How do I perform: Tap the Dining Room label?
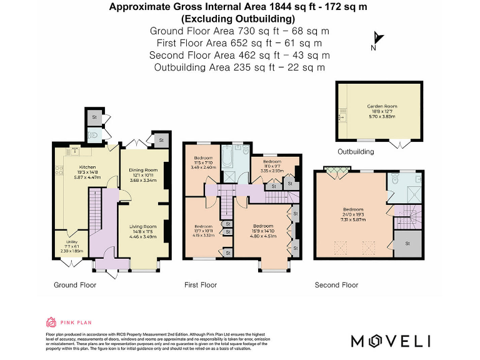point(143,170)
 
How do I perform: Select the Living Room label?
point(143,226)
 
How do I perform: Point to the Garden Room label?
point(374,107)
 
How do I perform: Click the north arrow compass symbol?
point(377,40)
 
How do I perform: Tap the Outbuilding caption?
point(356,152)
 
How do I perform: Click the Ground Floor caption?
point(75,285)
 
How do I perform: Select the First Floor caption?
point(201,285)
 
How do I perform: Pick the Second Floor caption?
point(336,285)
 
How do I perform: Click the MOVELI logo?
point(391,341)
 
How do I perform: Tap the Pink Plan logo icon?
point(51,322)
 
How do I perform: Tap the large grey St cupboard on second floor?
point(407,244)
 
